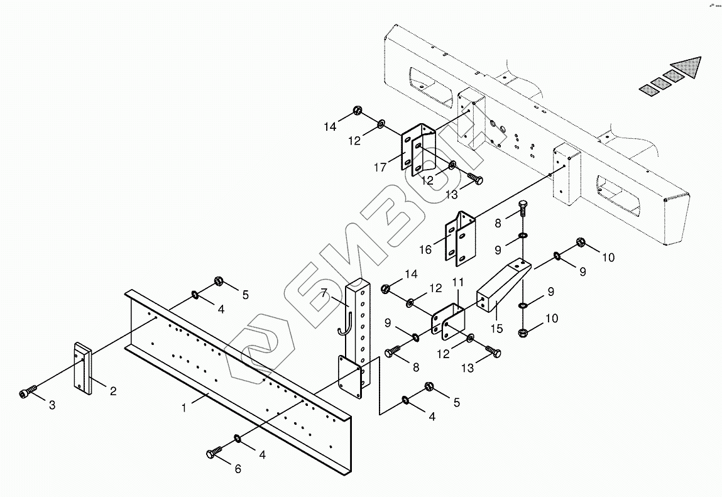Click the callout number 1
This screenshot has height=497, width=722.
(x=184, y=408)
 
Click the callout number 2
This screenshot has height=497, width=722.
(x=113, y=391)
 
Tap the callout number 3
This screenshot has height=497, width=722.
(x=52, y=405)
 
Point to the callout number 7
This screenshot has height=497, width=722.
(x=324, y=293)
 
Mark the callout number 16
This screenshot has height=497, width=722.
(x=425, y=249)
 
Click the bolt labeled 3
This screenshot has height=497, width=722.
(x=25, y=394)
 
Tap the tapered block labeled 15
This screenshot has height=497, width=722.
(x=502, y=286)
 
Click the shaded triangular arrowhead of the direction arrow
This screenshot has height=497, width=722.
(x=686, y=67)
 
